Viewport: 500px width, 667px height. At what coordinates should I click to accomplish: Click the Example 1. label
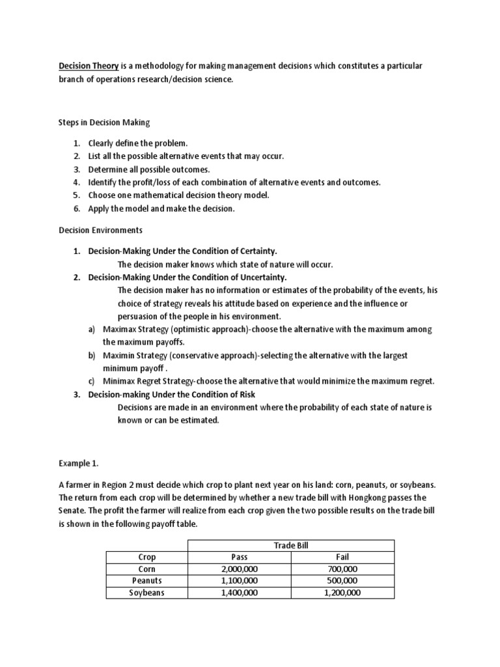click(77, 464)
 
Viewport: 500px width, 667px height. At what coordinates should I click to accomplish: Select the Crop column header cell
click(147, 558)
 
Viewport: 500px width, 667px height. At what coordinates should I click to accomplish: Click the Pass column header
click(240, 558)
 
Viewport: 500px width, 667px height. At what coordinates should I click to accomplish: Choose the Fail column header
click(341, 558)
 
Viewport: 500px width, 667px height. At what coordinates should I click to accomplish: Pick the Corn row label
click(147, 569)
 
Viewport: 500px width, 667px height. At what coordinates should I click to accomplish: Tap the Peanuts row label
click(147, 581)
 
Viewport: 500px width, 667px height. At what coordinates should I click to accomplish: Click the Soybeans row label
click(147, 593)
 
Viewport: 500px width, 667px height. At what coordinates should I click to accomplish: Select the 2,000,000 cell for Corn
click(240, 569)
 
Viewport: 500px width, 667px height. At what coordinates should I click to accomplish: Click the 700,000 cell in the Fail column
click(341, 569)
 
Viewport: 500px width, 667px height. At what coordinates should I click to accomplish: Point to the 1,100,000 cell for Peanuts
click(240, 581)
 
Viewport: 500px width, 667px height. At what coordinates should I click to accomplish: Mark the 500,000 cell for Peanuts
click(341, 581)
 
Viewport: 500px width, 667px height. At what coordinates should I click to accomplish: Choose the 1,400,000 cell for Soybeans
click(240, 593)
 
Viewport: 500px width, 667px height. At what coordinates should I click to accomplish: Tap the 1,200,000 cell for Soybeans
click(341, 593)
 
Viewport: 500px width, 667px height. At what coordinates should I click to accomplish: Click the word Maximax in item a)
click(120, 330)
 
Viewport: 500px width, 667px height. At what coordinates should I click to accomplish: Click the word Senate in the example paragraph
click(74, 510)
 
